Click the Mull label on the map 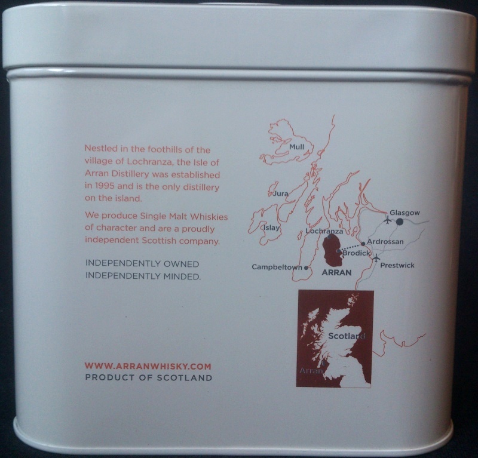tap(297, 146)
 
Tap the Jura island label tap(281, 193)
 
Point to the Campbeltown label tap(277, 267)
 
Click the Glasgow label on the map tap(405, 213)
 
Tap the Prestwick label tap(397, 265)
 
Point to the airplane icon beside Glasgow tap(388, 220)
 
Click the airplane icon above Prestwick tap(376, 258)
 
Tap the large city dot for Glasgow tap(399, 222)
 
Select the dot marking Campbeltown tap(307, 268)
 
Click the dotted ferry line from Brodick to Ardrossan tap(352, 247)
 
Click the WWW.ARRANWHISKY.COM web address tap(148, 366)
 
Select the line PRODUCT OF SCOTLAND tap(148, 377)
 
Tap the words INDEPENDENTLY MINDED tap(143, 276)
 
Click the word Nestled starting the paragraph tap(101, 149)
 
